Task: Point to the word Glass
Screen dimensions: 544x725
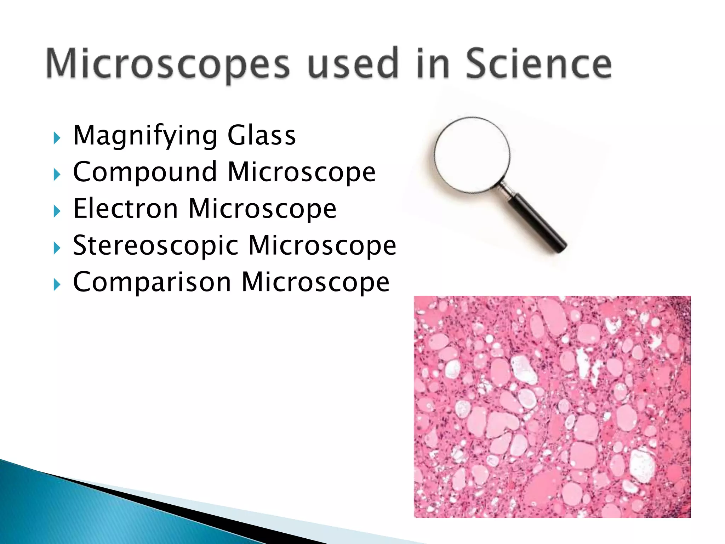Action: click(261, 135)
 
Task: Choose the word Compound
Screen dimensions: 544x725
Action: click(145, 172)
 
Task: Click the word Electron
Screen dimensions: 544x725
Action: click(126, 209)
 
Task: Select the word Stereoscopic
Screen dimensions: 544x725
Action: click(156, 246)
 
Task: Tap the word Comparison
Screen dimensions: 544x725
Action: click(152, 282)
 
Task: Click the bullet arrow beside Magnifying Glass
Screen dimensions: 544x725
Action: click(57, 138)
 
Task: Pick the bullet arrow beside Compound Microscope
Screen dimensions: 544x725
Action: click(57, 174)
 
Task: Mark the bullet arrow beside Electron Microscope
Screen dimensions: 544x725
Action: click(57, 211)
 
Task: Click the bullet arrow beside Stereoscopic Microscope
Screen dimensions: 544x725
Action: click(57, 248)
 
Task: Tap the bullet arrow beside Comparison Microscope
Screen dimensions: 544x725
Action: click(57, 284)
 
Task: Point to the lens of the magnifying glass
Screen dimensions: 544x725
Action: click(472, 155)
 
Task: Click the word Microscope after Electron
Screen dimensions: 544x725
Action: click(262, 209)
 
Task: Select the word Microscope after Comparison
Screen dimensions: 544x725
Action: click(315, 282)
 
